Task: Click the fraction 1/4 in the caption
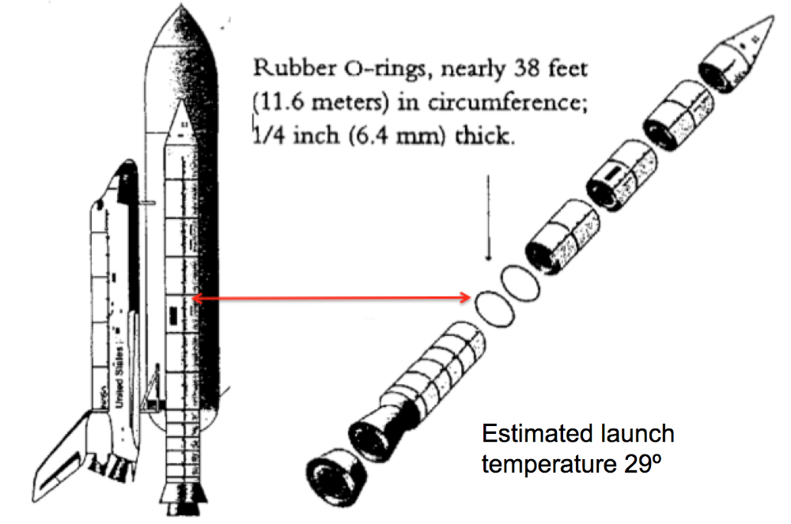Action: (268, 135)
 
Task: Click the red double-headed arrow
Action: (331, 299)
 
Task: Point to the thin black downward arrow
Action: (488, 217)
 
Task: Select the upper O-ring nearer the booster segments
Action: (520, 283)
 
